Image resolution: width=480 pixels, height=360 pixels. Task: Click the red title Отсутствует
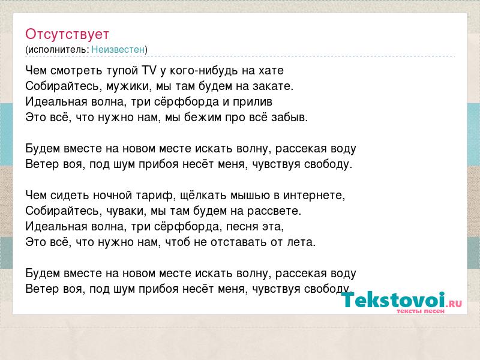(x=67, y=34)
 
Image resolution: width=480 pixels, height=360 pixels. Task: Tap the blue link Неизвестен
(x=118, y=49)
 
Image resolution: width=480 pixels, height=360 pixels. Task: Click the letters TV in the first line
(x=149, y=70)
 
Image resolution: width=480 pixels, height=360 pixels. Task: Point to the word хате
(x=271, y=71)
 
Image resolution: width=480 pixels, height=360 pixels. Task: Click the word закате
(x=273, y=86)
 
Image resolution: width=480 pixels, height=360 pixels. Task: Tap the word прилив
(x=253, y=102)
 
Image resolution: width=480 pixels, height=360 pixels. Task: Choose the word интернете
(x=314, y=196)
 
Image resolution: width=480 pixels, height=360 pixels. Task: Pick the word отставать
(x=238, y=242)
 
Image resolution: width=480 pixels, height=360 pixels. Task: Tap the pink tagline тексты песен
(x=421, y=311)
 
